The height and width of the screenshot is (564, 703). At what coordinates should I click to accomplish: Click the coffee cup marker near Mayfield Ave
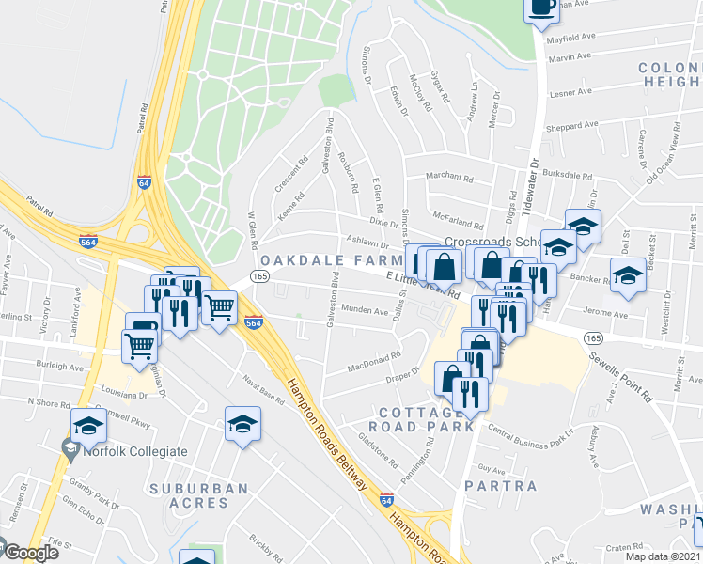pos(541,9)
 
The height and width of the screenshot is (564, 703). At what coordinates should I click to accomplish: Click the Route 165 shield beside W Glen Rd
pos(260,275)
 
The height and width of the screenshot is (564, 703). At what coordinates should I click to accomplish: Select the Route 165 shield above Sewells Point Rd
pos(593,337)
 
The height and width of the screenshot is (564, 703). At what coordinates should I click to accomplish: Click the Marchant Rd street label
pos(448,177)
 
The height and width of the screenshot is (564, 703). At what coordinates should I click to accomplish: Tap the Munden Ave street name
pos(366,311)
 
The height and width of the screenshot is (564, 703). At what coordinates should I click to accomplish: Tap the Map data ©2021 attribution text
pos(664,556)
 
